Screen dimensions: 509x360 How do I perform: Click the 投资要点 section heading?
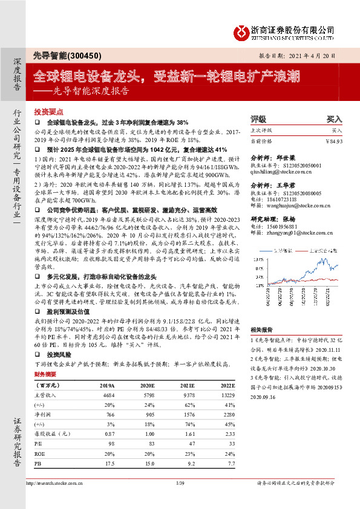[x=48, y=112]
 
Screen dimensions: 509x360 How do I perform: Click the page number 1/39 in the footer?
[x=179, y=483]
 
